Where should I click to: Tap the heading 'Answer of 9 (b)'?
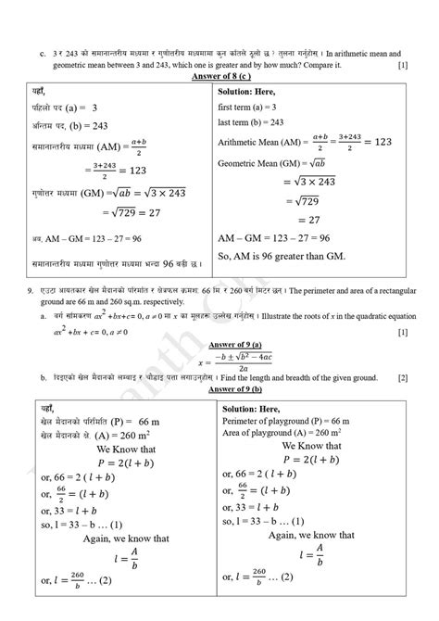[219, 389]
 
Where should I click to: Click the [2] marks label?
[403, 378]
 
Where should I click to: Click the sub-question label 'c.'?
[43, 53]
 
